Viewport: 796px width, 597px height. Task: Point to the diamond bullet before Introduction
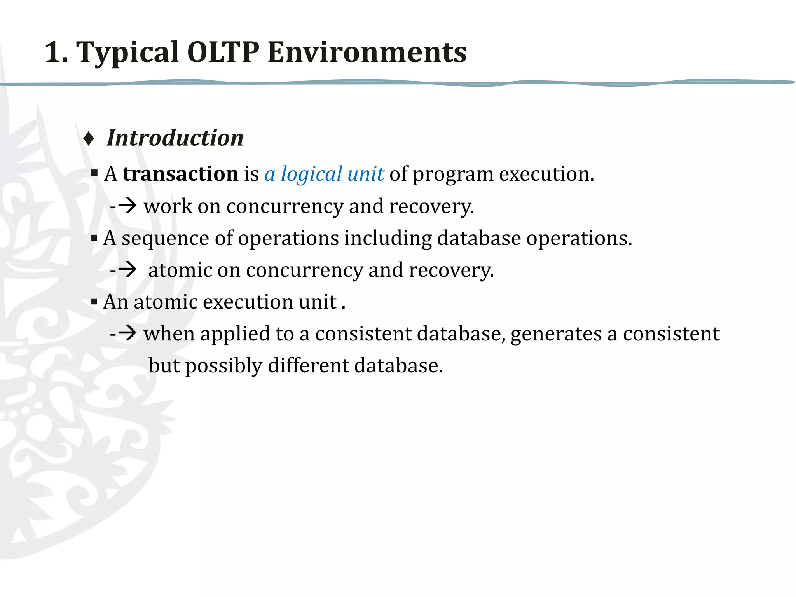[89, 139]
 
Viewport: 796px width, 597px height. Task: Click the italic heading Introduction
[175, 138]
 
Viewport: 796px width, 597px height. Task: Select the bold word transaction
[180, 174]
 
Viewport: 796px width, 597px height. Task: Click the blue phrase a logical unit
[324, 174]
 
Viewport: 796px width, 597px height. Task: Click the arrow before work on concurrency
[127, 206]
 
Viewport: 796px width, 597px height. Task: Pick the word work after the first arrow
[168, 206]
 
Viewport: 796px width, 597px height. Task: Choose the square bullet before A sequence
[94, 237]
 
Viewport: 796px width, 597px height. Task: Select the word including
[388, 238]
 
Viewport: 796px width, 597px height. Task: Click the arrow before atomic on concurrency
[127, 269]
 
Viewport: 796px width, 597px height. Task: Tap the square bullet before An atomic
[94, 301]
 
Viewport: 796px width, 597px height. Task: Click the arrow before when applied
[127, 333]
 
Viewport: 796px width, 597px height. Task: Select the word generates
[556, 334]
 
